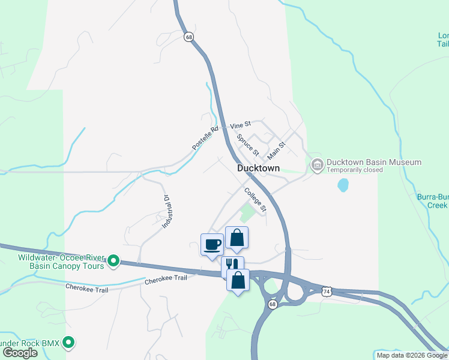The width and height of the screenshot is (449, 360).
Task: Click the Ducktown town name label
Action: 258,169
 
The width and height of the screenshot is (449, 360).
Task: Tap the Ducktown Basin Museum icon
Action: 316,163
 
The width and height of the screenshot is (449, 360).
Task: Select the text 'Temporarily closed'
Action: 354,170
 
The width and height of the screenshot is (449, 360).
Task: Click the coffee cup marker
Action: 212,245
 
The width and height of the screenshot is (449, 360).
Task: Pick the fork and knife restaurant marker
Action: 232,265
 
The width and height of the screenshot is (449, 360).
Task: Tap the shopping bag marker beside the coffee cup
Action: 237,238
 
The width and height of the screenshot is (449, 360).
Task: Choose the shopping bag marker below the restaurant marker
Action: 238,280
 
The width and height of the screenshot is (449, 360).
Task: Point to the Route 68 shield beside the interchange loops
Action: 273,305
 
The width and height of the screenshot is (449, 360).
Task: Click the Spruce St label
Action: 247,144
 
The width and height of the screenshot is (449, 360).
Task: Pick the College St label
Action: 255,199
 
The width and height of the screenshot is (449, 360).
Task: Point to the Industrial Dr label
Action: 166,212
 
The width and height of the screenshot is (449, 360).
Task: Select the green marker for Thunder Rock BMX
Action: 69,343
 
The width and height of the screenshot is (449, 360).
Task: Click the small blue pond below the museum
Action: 343,185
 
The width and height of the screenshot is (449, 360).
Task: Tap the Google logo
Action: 19,353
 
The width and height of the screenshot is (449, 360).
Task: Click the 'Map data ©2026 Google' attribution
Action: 412,355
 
